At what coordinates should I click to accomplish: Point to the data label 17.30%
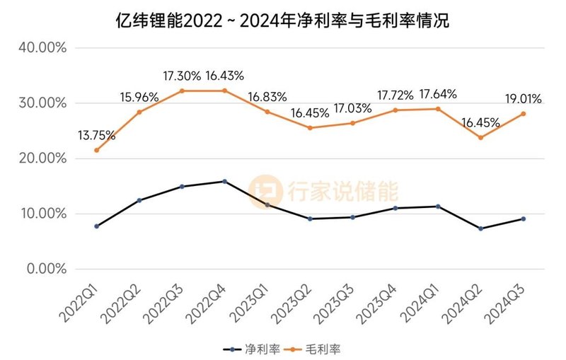pyautogui.click(x=181, y=75)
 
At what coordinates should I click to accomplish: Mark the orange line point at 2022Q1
pyautogui.click(x=96, y=150)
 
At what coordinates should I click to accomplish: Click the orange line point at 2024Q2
pyautogui.click(x=481, y=137)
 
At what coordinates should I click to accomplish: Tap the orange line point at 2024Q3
pyautogui.click(x=524, y=114)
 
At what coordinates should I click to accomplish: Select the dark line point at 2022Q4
pyautogui.click(x=225, y=182)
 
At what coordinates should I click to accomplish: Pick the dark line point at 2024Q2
pyautogui.click(x=481, y=228)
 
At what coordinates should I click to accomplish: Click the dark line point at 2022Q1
pyautogui.click(x=96, y=226)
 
